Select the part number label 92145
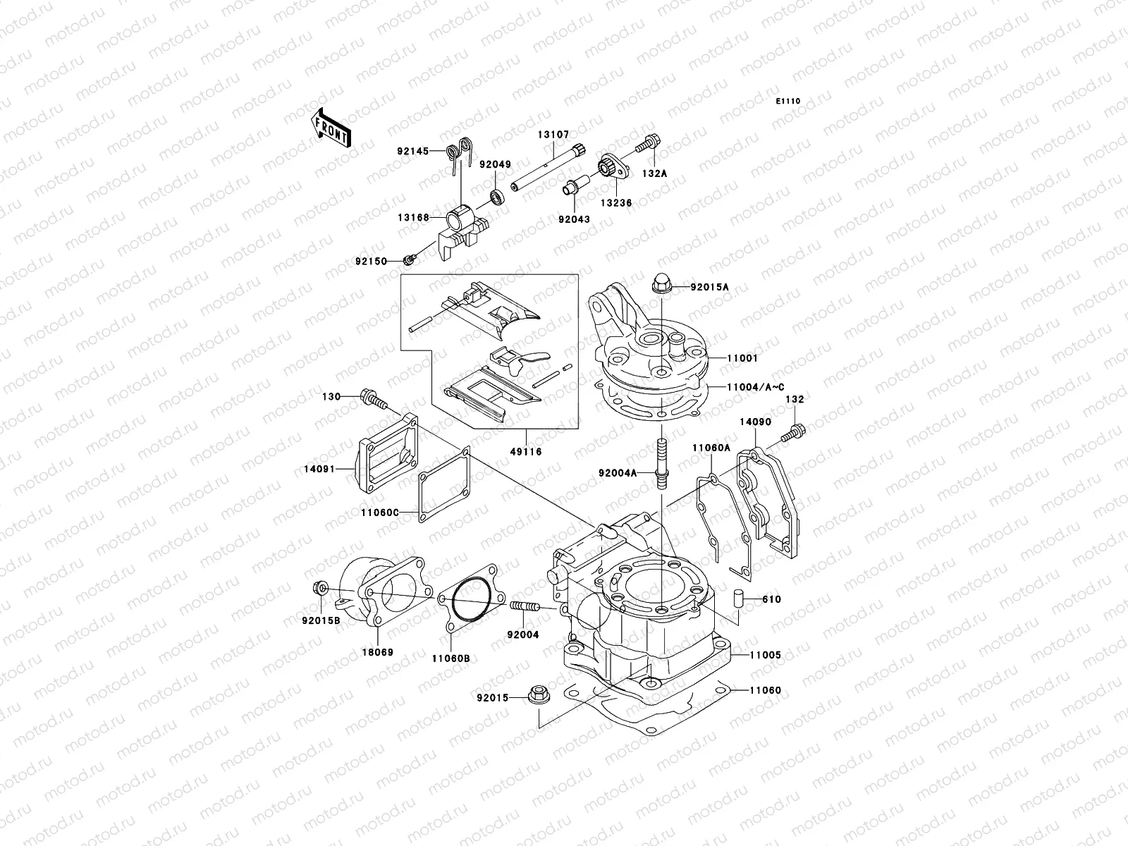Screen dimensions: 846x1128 coord(411,149)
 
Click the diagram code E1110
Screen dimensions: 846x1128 coord(788,102)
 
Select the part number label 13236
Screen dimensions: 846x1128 coord(616,203)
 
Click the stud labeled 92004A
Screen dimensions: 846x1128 coord(662,462)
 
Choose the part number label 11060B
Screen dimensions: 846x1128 coord(450,658)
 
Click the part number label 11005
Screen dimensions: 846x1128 coord(766,655)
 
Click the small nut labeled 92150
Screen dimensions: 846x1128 coord(408,262)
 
